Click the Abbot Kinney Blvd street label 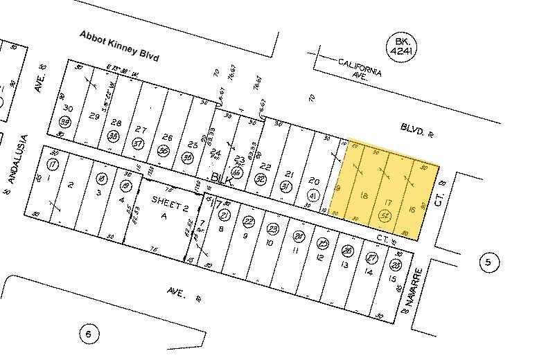[119, 46]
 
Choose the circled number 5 [488, 262]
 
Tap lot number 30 [67, 109]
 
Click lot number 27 [141, 130]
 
